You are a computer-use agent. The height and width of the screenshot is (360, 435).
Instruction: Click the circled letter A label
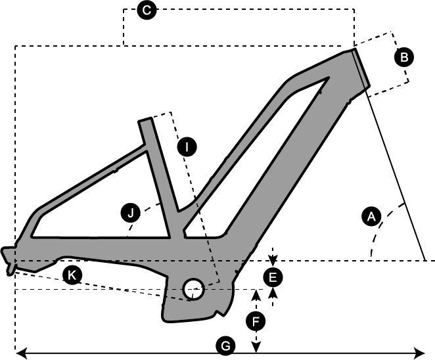[371, 215]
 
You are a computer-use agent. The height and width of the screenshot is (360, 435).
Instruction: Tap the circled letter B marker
[404, 57]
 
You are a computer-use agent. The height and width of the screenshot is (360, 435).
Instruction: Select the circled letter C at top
[147, 10]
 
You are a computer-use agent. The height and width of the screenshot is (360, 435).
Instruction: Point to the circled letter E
[273, 277]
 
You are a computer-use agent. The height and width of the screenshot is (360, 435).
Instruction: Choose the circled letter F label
[256, 321]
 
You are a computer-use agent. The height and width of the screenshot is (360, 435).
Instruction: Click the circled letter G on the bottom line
[225, 346]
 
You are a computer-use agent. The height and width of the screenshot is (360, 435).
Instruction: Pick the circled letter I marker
[187, 146]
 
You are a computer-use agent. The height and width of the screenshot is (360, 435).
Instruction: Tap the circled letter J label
[131, 213]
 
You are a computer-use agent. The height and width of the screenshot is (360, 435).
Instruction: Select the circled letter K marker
[72, 275]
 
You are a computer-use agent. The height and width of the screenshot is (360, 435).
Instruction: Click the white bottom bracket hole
[193, 286]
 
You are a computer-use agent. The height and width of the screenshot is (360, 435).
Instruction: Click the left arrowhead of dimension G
[20, 353]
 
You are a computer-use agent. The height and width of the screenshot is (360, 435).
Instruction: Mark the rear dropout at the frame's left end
[9, 260]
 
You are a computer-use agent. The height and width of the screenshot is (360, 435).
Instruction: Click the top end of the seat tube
[146, 123]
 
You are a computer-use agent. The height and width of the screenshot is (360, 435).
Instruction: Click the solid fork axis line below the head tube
[394, 177]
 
